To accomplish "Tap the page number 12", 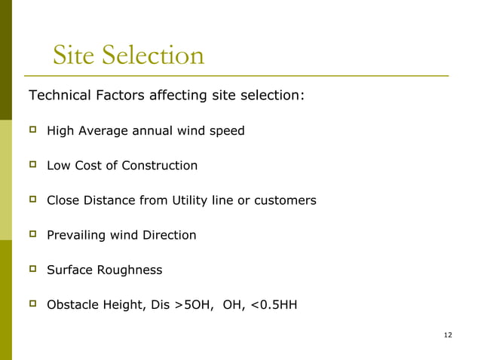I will pos(448,334).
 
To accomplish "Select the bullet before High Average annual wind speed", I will pos(32,130).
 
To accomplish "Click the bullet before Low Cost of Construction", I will pos(32,165).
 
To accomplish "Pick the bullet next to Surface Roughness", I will pos(32,269).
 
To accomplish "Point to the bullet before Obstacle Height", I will pos(32,304).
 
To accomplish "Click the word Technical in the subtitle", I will pos(60,96).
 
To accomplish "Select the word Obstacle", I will pos(72,304).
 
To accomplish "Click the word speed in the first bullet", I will pos(228,131).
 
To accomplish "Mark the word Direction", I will pos(169,235).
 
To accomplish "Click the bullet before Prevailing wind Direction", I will pos(32,234).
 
